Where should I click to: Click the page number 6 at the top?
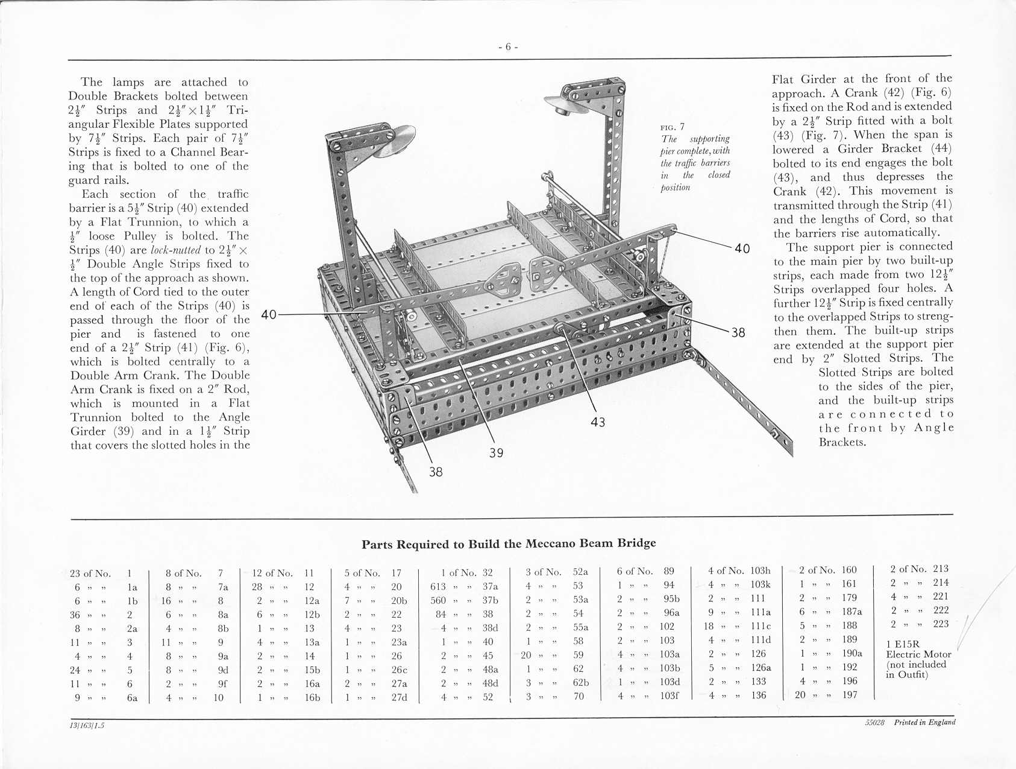point(508,47)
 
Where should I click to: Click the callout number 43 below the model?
point(598,422)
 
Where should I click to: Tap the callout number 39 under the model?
point(496,452)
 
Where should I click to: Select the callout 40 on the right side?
point(742,248)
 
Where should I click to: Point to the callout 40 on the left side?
point(269,314)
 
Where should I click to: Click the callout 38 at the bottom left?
point(436,472)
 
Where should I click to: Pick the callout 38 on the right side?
point(738,332)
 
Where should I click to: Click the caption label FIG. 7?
point(673,127)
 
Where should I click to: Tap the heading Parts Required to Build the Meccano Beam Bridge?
point(509,543)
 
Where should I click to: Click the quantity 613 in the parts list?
point(438,586)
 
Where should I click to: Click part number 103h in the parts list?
point(760,570)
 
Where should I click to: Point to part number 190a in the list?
point(852,653)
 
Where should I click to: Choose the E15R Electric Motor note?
point(918,659)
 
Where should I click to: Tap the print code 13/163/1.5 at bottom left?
point(87,726)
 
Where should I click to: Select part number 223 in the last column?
point(941,624)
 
